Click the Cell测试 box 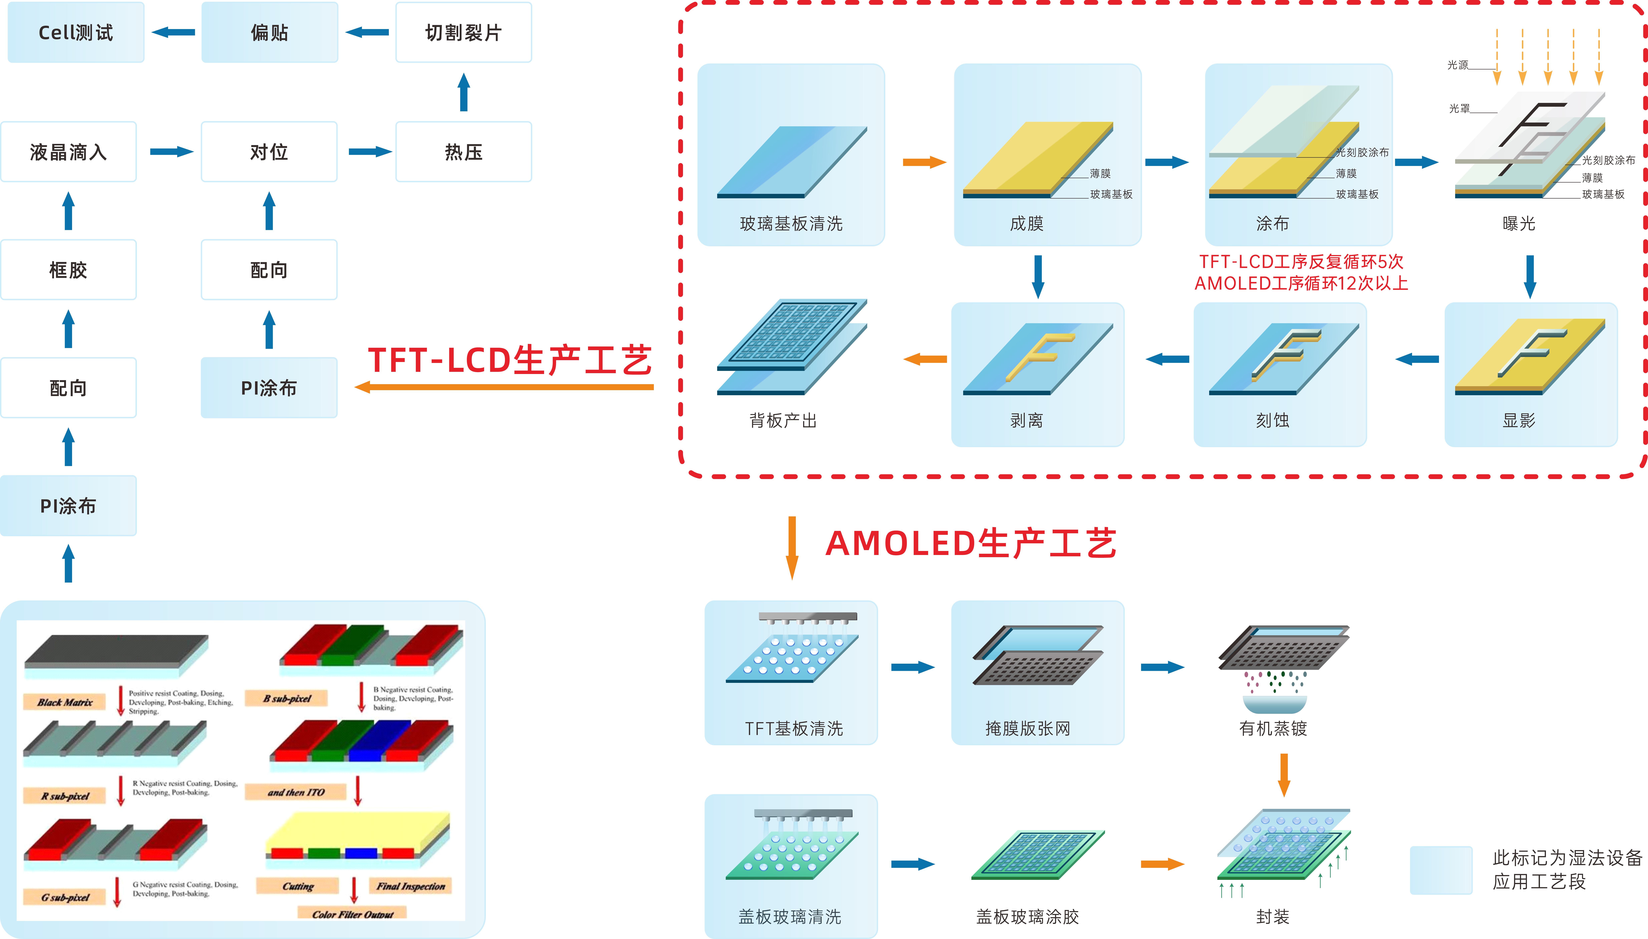point(75,32)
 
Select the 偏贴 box point(269,32)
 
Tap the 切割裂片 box point(463,32)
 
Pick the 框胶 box point(68,270)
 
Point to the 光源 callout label point(1457,65)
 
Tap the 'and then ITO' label point(296,792)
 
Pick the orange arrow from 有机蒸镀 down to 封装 point(1283,774)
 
